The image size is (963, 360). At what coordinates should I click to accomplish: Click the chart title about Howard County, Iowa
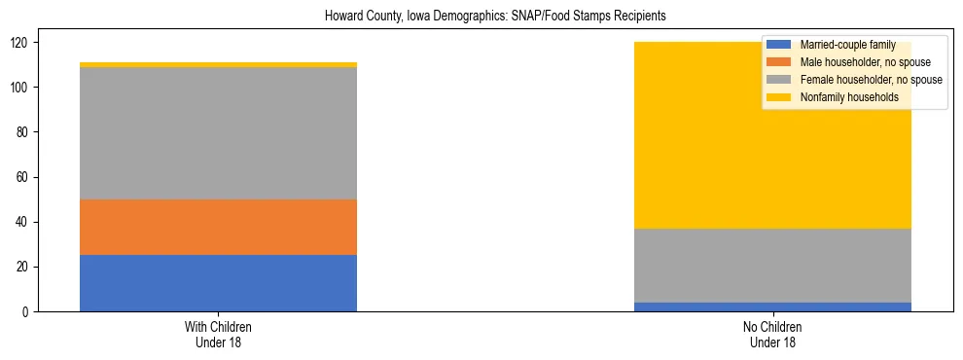tap(481, 17)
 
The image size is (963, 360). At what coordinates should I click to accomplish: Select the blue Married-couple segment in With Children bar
tap(218, 283)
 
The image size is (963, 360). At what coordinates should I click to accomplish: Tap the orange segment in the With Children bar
tap(218, 228)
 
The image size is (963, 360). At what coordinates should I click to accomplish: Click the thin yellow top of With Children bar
tap(218, 65)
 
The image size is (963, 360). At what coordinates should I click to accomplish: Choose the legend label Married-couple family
tap(846, 45)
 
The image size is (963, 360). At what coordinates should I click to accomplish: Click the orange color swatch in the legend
tap(779, 62)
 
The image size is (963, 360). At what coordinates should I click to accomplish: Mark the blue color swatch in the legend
tap(779, 45)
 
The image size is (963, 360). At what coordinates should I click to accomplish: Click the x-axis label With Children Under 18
tap(218, 334)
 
